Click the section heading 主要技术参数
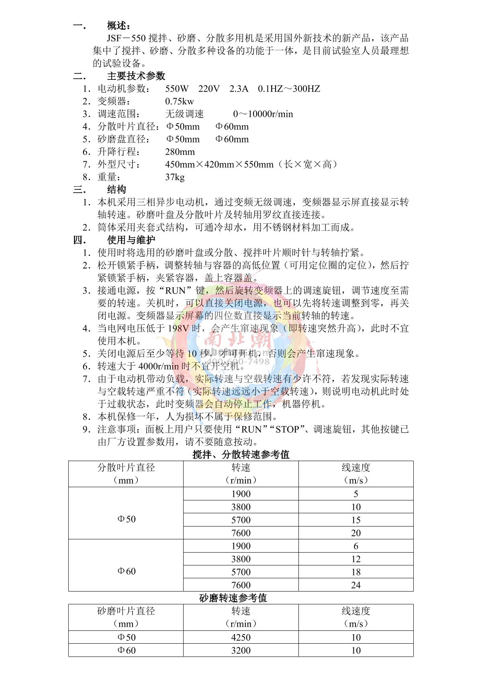[136, 76]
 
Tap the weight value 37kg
[175, 177]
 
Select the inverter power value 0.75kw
[179, 102]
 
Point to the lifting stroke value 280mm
[180, 152]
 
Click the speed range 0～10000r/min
[263, 114]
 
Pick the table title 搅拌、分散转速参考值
[241, 454]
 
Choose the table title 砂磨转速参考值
[233, 598]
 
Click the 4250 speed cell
[241, 637]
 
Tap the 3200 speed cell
[241, 651]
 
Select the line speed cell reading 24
[356, 585]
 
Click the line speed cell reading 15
[356, 520]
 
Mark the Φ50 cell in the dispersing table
[126, 519]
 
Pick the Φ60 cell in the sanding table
[126, 651]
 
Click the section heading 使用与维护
[131, 240]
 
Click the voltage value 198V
[178, 328]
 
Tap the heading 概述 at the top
[118, 26]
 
